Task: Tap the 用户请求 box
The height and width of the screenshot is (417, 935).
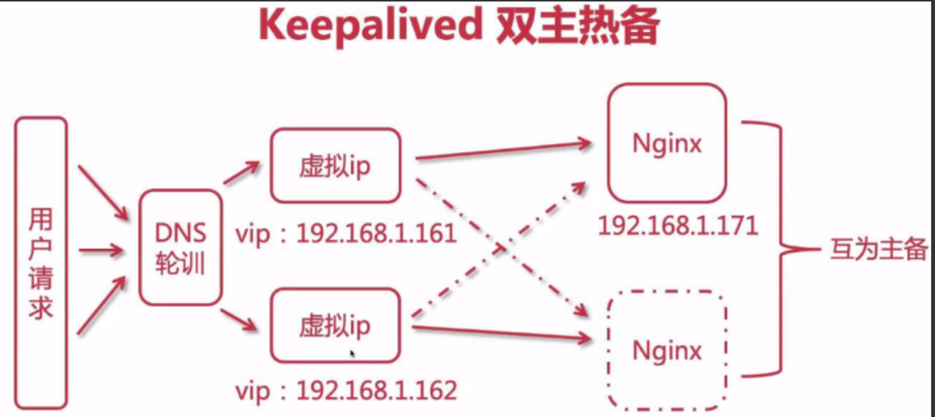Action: coord(41,262)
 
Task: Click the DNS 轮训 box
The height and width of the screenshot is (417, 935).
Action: coord(181,247)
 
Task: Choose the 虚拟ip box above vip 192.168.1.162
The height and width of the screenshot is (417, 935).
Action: coord(335,326)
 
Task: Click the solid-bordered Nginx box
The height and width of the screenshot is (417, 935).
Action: coord(667,142)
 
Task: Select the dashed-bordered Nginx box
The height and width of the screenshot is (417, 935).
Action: coord(667,350)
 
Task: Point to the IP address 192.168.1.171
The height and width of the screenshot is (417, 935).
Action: coord(678,224)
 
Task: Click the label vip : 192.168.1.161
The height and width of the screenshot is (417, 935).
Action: coord(346,234)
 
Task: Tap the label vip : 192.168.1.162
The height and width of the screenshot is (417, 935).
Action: coord(346,391)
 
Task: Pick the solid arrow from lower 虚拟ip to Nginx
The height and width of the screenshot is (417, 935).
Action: coord(502,333)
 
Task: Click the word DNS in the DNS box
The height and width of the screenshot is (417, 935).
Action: coord(181,233)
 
